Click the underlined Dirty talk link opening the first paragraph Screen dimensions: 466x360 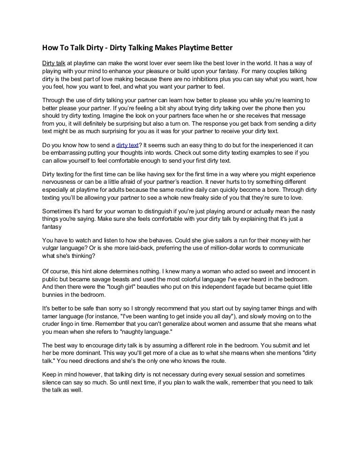[x=53, y=62]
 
